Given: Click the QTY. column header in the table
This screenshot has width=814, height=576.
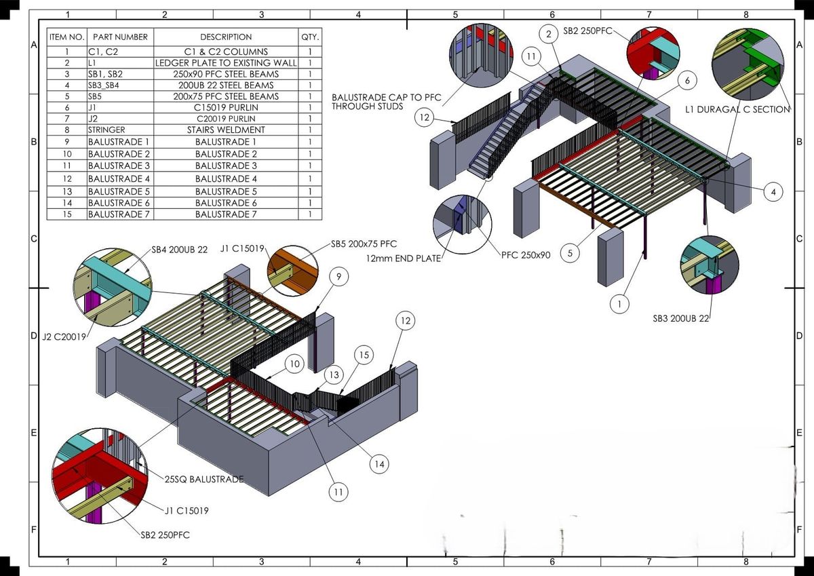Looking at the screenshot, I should point(310,37).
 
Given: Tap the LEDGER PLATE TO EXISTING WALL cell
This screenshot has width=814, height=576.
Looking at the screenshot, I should point(226,62).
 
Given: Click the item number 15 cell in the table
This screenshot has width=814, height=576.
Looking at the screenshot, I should point(66,214).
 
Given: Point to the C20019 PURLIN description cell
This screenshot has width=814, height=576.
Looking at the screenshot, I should point(226,118).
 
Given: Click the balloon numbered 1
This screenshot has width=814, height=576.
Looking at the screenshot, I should point(619,304).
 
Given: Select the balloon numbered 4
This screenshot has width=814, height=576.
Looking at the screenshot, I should point(773,192).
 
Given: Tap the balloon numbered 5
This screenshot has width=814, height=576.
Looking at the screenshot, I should point(570,253).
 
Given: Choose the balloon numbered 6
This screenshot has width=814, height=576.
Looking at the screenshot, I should point(687,81).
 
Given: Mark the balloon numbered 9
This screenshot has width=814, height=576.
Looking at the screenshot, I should point(338,276).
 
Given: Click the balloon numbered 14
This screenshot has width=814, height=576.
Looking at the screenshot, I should point(379,464).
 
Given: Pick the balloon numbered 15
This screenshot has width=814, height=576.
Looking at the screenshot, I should point(364,355).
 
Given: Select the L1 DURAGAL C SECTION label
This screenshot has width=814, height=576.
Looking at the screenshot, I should point(737,109).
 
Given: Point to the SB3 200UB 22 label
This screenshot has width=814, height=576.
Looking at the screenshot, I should point(680,318).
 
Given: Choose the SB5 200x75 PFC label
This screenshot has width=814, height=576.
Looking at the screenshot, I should point(364,244).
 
